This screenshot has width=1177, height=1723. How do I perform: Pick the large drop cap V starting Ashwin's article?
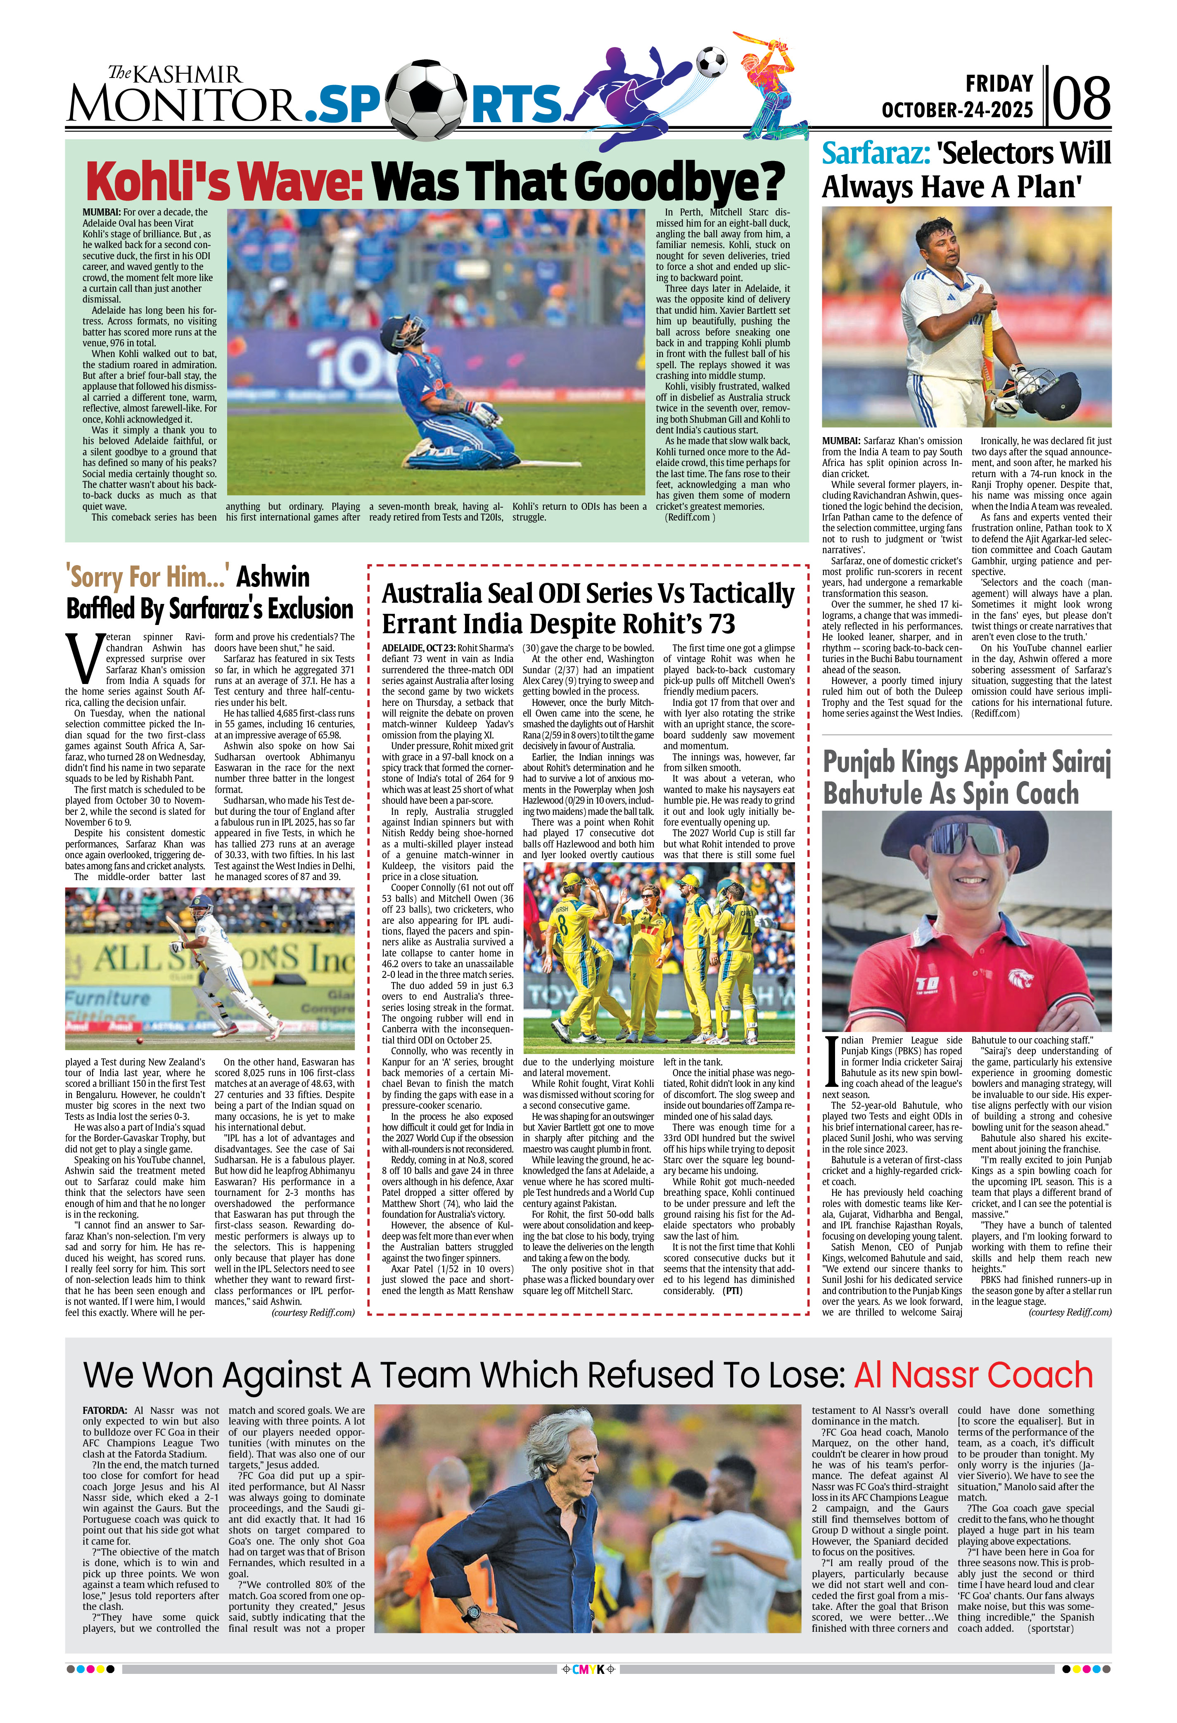[82, 658]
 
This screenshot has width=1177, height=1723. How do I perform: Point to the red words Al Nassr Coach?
[973, 1375]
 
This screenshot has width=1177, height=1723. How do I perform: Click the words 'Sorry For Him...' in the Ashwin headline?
[147, 576]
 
